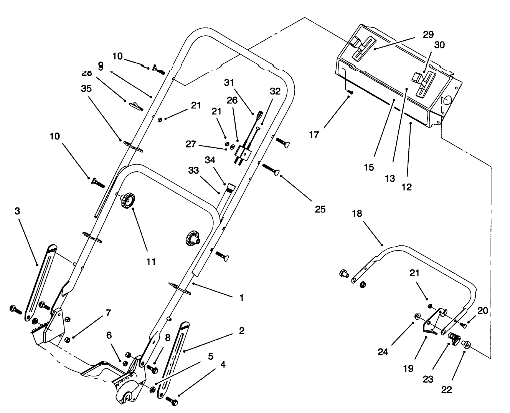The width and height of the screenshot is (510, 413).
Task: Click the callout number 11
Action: (151, 262)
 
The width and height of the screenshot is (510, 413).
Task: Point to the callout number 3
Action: (17, 211)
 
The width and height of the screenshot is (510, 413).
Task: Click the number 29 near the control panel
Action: (428, 34)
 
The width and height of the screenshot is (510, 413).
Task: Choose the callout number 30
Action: (439, 45)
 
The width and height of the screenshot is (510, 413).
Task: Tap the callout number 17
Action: (314, 135)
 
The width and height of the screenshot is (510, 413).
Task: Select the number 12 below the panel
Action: (406, 187)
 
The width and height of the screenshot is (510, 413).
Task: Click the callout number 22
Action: (446, 390)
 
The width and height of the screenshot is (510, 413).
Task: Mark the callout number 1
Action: (241, 298)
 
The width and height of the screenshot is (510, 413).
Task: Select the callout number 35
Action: (87, 89)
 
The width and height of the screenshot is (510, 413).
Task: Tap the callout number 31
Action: (229, 83)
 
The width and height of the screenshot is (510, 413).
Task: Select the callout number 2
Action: (241, 331)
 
